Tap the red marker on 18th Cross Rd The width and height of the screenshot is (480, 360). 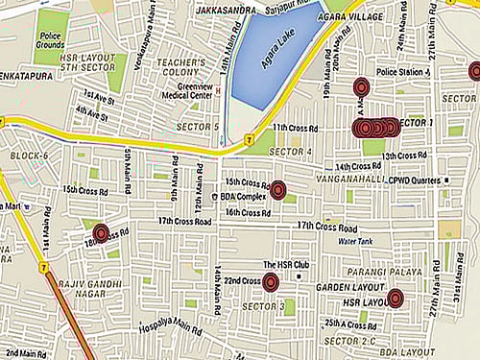click(x=101, y=232)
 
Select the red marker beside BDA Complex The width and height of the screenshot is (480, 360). click(x=278, y=190)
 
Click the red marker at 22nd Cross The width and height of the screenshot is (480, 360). click(x=271, y=281)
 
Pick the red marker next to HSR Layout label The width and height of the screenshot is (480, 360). click(x=395, y=299)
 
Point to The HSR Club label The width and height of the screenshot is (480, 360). click(x=284, y=263)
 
